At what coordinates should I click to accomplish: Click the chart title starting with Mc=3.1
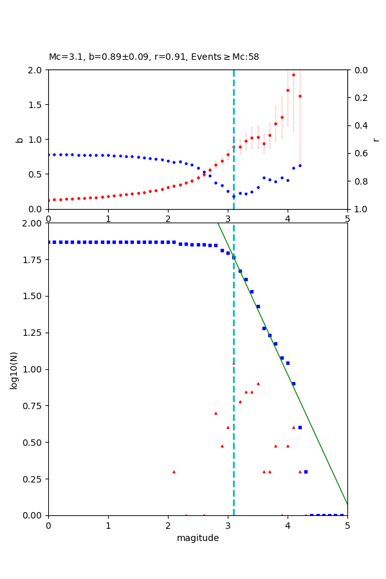click(154, 57)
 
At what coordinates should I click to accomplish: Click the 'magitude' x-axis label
click(198, 538)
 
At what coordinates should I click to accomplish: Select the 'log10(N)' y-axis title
click(14, 369)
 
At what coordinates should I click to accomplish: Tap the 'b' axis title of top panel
click(20, 140)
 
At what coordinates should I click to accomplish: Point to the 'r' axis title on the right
click(376, 140)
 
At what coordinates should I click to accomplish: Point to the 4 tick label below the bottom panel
click(288, 525)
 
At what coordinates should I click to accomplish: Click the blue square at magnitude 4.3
click(306, 472)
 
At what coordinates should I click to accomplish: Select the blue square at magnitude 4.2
click(300, 427)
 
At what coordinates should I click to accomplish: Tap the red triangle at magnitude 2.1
click(174, 472)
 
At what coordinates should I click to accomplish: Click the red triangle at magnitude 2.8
click(216, 413)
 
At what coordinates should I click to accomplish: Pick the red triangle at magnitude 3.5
click(258, 383)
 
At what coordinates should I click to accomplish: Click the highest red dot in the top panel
click(293, 75)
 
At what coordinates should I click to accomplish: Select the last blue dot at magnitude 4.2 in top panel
click(300, 165)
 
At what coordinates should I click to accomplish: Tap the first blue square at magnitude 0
click(49, 242)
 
